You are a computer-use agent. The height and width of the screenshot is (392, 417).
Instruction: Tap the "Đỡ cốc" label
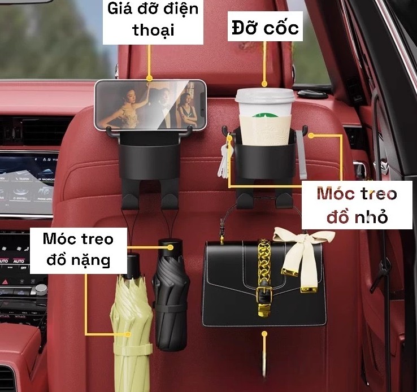(264, 27)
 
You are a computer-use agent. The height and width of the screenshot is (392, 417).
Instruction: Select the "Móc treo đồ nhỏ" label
(356, 205)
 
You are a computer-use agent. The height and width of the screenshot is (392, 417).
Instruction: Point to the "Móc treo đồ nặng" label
(78, 249)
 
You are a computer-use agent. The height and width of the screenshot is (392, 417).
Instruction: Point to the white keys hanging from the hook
(225, 160)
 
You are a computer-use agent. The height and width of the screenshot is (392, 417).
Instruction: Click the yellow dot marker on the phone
(150, 79)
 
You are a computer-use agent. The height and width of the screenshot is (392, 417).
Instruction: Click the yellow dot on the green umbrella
(129, 334)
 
